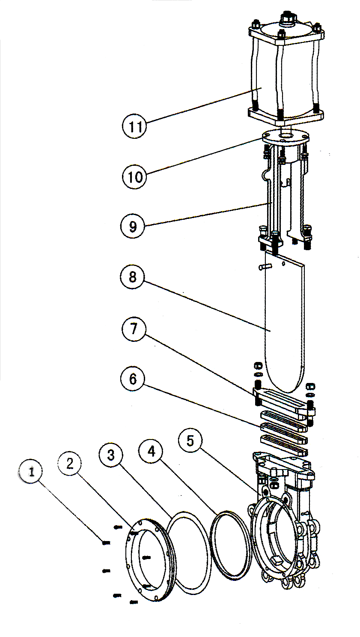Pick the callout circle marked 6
[133, 379]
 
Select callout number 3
[111, 455]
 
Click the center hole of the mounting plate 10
[285, 137]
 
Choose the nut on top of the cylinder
[286, 19]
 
